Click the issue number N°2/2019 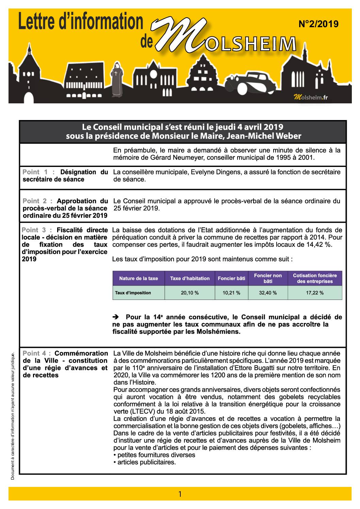click(318, 24)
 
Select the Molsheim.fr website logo click(310, 98)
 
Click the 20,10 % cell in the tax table click(190, 293)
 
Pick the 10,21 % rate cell click(231, 293)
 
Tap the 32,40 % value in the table click(268, 293)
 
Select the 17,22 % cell click(315, 293)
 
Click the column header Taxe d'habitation click(190, 278)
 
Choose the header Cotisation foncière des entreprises click(315, 278)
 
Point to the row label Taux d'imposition click(133, 293)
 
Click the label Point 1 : click(39, 172)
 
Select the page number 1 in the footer click(180, 494)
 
